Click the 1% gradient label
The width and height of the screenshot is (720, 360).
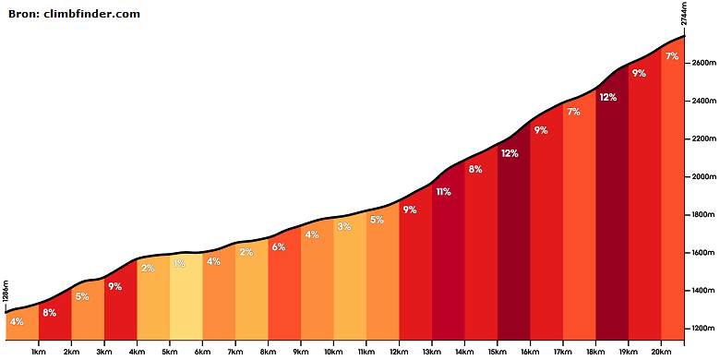(x=180, y=264)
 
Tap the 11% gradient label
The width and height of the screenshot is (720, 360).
(x=443, y=192)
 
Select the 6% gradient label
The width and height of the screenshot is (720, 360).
(x=279, y=246)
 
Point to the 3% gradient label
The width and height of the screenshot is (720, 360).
(x=344, y=226)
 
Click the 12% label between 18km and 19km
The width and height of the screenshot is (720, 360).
(x=607, y=97)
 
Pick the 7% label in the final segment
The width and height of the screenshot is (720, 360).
(x=672, y=56)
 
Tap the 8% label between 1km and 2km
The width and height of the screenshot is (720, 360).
(x=49, y=313)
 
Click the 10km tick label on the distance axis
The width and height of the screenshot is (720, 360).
(x=333, y=351)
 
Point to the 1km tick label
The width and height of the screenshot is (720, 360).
(x=39, y=351)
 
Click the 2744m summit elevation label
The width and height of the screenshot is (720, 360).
(x=684, y=14)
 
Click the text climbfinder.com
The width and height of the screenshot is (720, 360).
(x=91, y=14)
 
